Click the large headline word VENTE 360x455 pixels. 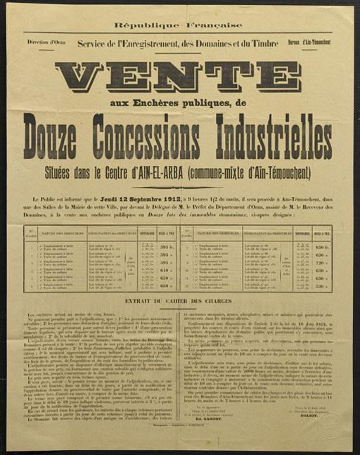click(x=179, y=78)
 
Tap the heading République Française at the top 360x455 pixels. click(x=180, y=25)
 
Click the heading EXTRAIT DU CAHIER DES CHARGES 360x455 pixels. click(x=179, y=302)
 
